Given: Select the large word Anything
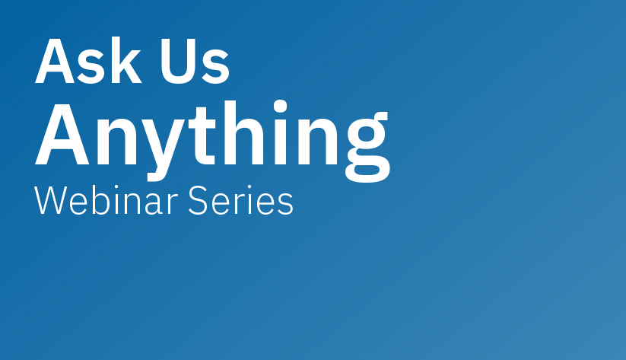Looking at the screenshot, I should (x=211, y=135).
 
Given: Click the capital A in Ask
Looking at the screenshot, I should (x=53, y=61).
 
